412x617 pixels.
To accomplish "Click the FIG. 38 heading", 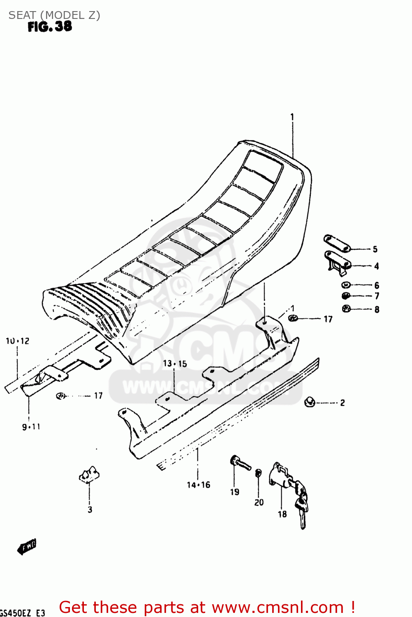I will (50, 27).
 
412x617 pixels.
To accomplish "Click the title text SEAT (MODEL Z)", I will (54, 15).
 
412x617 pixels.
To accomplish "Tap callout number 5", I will (375, 249).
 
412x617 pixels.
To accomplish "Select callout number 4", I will (376, 266).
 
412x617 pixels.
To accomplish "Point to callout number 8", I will (377, 309).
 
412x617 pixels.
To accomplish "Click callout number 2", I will (343, 403).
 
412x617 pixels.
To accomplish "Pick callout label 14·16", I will (199, 485).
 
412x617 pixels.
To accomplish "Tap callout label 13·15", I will (175, 364).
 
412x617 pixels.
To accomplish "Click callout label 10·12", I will (18, 341).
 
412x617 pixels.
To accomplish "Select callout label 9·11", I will (31, 427).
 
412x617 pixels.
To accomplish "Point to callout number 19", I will (235, 492).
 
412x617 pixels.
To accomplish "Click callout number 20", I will (259, 502).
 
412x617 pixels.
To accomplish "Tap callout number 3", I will (90, 510).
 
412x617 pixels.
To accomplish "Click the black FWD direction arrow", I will (27, 547).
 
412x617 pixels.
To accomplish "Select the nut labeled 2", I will (310, 402).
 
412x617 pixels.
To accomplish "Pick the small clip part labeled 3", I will (89, 474).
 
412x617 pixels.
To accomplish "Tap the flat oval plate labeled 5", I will (336, 243).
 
